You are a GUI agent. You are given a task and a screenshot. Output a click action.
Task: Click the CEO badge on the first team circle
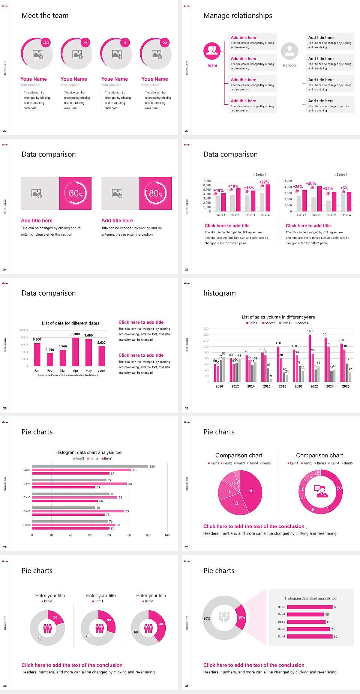tap(46, 43)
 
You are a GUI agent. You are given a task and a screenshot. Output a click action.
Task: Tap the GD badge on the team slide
tap(165, 43)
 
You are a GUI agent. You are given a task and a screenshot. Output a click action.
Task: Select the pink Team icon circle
tap(212, 51)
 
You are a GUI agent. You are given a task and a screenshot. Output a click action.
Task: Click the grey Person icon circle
tap(289, 51)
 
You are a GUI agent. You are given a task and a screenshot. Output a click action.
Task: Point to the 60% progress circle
tap(75, 193)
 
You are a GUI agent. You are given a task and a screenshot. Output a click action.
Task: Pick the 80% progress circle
tap(156, 193)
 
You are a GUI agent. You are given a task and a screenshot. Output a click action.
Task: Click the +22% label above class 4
tap(264, 182)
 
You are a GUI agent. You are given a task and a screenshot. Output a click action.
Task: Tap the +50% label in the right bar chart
tap(310, 183)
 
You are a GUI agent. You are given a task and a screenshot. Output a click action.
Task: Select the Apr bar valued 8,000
tap(76, 352)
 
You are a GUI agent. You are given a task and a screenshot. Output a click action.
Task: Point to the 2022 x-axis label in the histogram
tap(314, 386)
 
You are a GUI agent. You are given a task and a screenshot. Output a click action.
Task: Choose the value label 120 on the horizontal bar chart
tap(152, 466)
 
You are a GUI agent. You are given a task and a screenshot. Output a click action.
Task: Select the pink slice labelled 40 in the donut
tap(160, 625)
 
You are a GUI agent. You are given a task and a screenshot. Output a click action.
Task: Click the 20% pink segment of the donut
tap(241, 617)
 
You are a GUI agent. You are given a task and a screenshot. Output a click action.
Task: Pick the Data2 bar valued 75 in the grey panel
tap(308, 629)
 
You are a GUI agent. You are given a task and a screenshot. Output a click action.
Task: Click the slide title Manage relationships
tap(238, 15)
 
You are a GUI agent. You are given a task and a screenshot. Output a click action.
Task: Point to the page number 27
tap(187, 408)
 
